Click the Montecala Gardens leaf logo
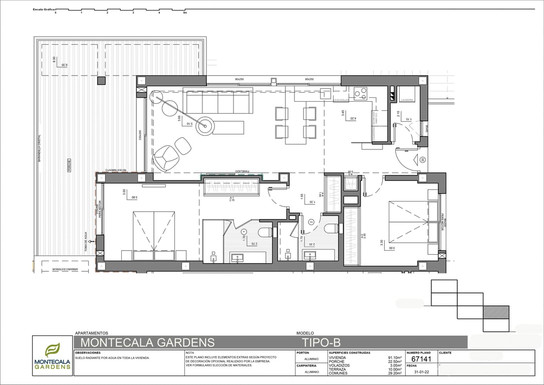(52, 349)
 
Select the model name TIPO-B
(321, 343)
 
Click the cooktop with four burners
(361, 93)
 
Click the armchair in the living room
(165, 157)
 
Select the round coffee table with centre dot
(204, 126)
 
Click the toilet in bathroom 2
(331, 229)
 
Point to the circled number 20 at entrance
(422, 160)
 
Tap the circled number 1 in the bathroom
(244, 232)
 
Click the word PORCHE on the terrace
(69, 165)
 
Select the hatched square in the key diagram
(496, 312)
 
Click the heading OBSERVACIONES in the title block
(88, 353)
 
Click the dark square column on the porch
(102, 80)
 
